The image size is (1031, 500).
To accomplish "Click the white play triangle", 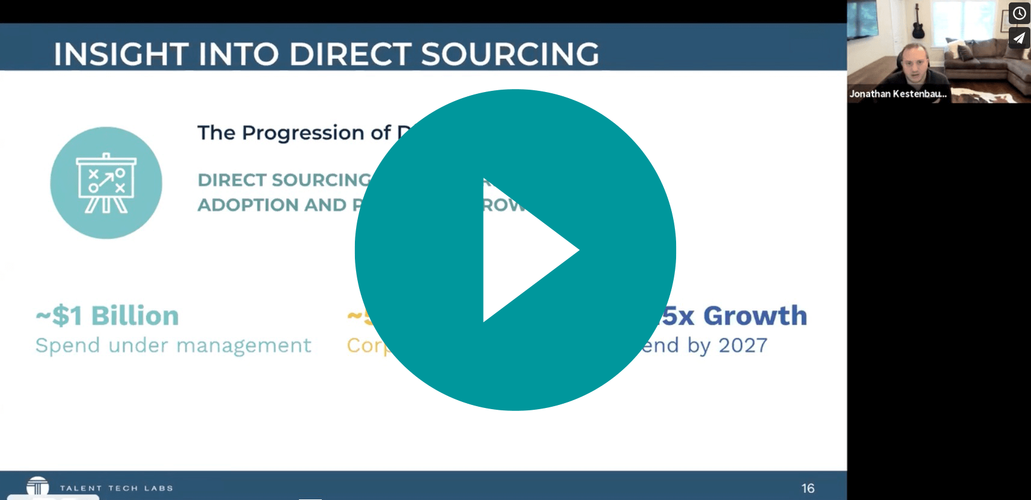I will (523, 250).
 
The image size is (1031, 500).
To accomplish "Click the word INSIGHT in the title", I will (120, 54).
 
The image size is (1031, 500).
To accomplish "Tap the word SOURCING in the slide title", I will (509, 54).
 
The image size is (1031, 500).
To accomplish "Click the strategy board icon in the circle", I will (106, 183).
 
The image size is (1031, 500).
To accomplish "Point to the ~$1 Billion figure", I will (107, 316).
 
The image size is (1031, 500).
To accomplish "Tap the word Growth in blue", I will (755, 316).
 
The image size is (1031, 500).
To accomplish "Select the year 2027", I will (743, 345).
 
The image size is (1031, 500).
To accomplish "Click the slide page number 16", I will (808, 488).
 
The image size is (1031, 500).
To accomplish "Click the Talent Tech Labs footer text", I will (116, 488).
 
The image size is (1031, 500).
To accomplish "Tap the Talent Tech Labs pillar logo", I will (38, 486).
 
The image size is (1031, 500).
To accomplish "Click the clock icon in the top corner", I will (1019, 13).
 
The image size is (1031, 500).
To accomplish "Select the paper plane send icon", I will (1019, 39).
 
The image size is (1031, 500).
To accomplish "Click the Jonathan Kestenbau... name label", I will (897, 94).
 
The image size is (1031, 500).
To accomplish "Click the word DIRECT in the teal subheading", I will (232, 180).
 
